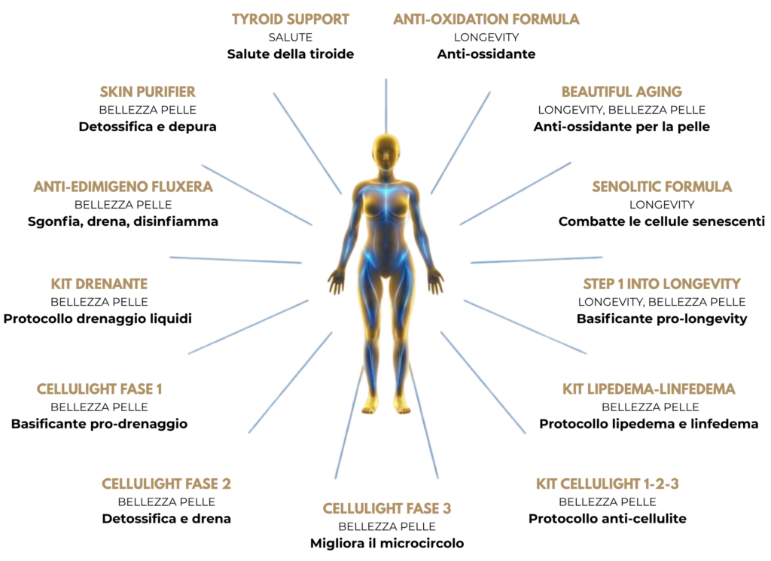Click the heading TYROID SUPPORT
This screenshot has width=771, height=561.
pyautogui.click(x=291, y=19)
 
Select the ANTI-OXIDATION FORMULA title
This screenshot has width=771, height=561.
pyautogui.click(x=486, y=19)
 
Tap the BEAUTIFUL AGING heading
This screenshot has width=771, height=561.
pyautogui.click(x=621, y=92)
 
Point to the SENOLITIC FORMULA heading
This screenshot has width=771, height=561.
pyautogui.click(x=662, y=187)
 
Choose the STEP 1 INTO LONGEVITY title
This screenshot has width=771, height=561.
pyautogui.click(x=662, y=284)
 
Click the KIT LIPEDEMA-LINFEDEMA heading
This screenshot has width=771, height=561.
pyautogui.click(x=648, y=389)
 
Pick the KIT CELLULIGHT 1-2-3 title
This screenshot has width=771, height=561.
pyautogui.click(x=607, y=483)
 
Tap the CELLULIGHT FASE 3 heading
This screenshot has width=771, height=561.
pyautogui.click(x=386, y=508)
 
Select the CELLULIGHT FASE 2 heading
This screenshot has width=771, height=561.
pyautogui.click(x=166, y=483)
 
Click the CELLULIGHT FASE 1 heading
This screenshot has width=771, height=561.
pyautogui.click(x=99, y=389)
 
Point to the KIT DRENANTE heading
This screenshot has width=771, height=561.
pyautogui.click(x=99, y=284)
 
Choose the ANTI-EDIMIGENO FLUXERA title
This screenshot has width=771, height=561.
pyautogui.click(x=123, y=187)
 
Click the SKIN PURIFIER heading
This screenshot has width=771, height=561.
pyautogui.click(x=148, y=92)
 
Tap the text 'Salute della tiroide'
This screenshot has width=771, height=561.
pyautogui.click(x=291, y=53)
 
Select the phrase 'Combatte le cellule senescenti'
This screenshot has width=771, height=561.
pyautogui.click(x=662, y=221)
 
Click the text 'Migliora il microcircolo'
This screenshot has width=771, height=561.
pyautogui.click(x=386, y=543)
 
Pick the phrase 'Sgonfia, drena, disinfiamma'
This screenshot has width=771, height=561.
pyautogui.click(x=123, y=221)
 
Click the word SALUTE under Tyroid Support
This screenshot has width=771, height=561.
pyautogui.click(x=291, y=37)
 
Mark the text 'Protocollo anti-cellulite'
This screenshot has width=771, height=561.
pyautogui.click(x=607, y=518)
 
